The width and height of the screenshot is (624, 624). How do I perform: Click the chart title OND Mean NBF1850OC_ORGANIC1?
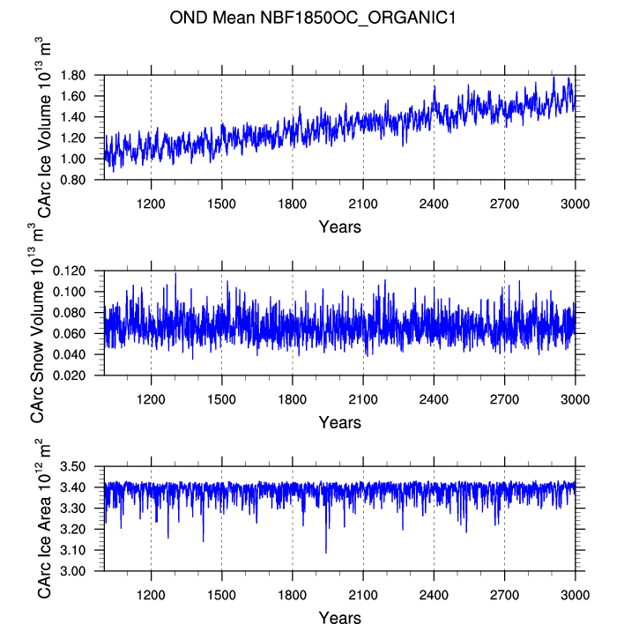click(312, 18)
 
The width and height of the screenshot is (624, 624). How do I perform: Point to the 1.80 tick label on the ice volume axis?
click(73, 75)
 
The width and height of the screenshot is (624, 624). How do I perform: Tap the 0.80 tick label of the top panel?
click(73, 180)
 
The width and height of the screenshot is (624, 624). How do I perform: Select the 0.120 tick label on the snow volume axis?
click(70, 271)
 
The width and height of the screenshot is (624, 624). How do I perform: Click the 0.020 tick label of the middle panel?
click(70, 375)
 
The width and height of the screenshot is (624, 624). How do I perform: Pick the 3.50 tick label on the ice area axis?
click(73, 466)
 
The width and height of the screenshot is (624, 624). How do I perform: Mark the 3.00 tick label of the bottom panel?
click(73, 571)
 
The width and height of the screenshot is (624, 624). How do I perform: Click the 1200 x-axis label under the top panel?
click(151, 204)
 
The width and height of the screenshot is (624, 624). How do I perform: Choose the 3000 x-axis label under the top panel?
click(575, 204)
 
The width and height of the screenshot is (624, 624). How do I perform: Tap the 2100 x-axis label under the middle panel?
click(363, 399)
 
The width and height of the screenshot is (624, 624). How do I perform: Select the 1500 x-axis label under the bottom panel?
click(222, 595)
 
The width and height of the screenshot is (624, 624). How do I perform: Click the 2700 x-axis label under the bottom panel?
click(504, 595)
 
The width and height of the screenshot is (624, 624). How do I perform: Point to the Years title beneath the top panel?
click(340, 227)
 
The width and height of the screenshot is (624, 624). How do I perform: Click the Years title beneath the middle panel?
click(340, 423)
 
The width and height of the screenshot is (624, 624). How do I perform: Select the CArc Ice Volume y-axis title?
click(44, 127)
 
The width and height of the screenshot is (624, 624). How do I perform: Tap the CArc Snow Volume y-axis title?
click(37, 323)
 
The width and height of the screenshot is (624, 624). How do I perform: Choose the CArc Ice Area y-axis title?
click(44, 518)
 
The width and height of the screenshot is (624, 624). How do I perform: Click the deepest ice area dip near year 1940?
click(326, 553)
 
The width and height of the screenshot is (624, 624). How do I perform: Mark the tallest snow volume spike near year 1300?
click(175, 274)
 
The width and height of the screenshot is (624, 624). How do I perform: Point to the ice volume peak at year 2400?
click(435, 86)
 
